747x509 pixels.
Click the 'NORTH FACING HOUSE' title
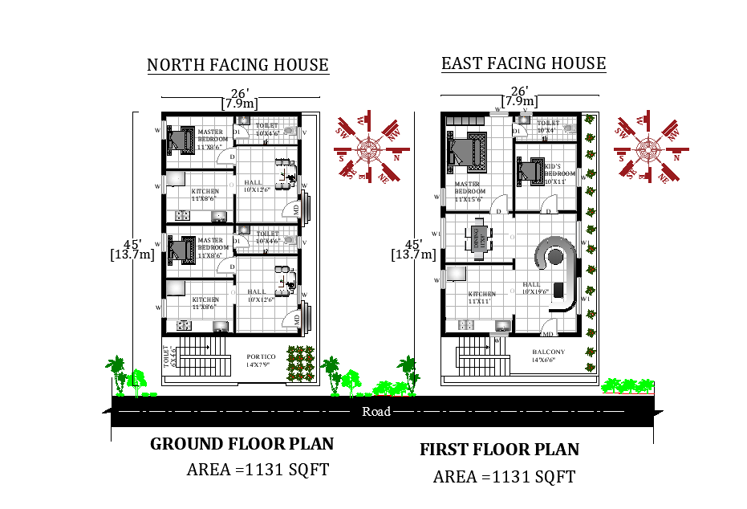coord(237,65)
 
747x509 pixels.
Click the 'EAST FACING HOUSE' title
coord(523,63)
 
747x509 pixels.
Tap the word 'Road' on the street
coord(376,412)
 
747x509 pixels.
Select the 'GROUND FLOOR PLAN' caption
coord(242,444)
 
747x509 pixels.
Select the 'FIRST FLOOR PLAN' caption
coord(499,450)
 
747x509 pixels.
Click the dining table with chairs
coord(479,239)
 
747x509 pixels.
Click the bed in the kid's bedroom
coord(530,169)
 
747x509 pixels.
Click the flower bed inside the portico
coord(301,363)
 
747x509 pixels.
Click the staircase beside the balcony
coord(476,353)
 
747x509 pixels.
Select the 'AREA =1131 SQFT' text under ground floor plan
coord(258,470)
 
